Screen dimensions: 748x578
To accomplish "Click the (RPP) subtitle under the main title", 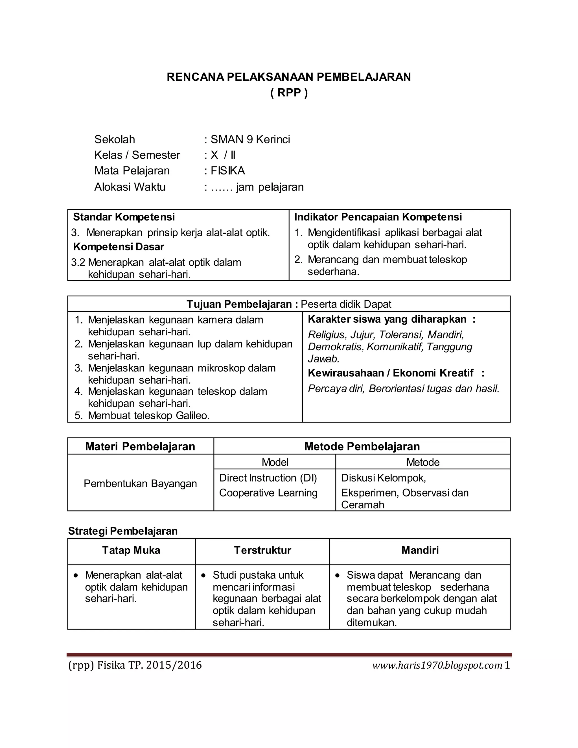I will click(x=289, y=93).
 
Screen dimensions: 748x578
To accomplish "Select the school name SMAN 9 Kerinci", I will click(x=250, y=139).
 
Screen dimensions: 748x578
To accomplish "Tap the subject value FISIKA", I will click(x=228, y=170).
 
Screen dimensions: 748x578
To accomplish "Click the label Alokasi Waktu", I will click(x=130, y=187).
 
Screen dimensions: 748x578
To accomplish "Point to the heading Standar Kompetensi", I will click(x=124, y=217).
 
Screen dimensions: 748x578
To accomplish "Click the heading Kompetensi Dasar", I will click(x=119, y=247).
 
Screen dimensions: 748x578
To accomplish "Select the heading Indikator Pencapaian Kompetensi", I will click(x=378, y=217).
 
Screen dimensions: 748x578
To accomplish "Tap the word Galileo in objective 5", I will click(x=192, y=415).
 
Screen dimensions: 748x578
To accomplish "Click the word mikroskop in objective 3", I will click(x=222, y=368).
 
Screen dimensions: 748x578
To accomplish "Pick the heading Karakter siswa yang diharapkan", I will click(x=387, y=319).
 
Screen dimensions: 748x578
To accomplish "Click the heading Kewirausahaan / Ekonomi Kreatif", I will click(x=390, y=373).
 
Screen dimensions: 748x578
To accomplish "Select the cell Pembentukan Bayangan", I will click(x=140, y=484).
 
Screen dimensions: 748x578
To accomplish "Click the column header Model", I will click(x=275, y=462).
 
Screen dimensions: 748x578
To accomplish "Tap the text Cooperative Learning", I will click(x=268, y=493).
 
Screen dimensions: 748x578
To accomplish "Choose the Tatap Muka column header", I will click(x=131, y=550).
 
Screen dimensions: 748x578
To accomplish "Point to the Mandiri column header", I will click(x=420, y=550).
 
